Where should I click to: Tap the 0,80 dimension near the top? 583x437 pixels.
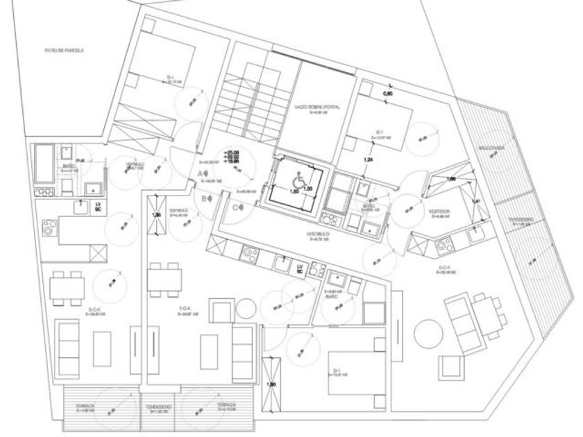pyautogui.click(x=389, y=92)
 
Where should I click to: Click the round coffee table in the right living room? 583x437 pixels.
pyautogui.click(x=425, y=332)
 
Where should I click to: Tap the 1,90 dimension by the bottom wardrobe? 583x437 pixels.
pyautogui.click(x=273, y=384)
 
